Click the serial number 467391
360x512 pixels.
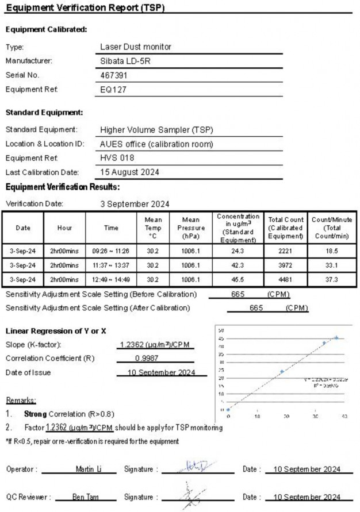114,75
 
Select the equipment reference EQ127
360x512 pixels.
113,89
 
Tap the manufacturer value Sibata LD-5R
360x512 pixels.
125,60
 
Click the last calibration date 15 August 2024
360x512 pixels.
129,172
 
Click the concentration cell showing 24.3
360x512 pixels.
238,251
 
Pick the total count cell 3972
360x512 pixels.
286,265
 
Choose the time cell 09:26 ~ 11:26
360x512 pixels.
111,251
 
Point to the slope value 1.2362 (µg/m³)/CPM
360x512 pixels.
154,345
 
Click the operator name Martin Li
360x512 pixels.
89,469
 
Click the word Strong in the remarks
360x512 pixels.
36,414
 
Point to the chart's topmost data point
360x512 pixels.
336,338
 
